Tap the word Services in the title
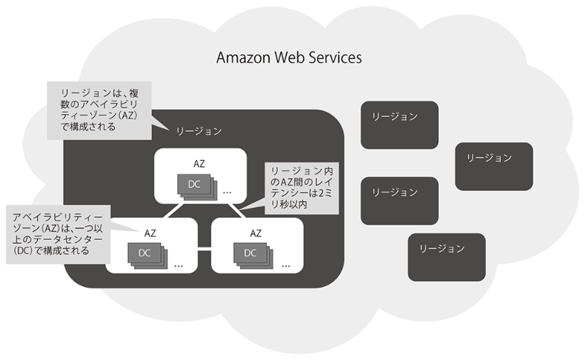pos(336,58)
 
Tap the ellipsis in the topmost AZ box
pos(227,192)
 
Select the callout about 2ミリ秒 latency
pos(301,189)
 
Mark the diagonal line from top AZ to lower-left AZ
pos(170,211)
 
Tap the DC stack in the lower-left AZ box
pos(145,255)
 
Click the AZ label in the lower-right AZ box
pos(256,233)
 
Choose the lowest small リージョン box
pos(446,257)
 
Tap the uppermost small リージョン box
pos(399,123)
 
